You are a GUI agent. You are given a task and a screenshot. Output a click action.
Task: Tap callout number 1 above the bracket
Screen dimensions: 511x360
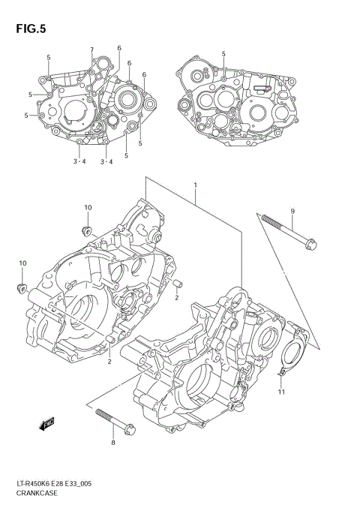point(195,185)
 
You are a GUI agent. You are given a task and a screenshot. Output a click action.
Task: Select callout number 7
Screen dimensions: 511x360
point(92,50)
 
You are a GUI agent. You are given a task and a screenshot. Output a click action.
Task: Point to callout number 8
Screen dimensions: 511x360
point(114,443)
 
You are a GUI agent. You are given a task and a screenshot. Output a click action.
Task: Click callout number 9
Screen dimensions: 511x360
point(292,211)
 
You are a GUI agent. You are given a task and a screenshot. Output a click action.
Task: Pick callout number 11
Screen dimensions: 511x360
point(281,392)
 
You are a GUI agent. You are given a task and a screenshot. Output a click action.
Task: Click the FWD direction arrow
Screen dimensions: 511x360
point(47,425)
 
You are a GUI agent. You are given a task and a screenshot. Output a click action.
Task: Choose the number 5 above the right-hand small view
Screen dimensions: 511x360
point(223,54)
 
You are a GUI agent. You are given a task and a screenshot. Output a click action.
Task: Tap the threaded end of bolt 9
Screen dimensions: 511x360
point(265,218)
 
